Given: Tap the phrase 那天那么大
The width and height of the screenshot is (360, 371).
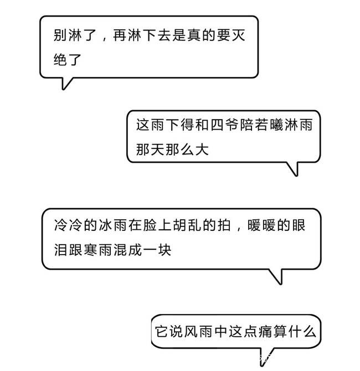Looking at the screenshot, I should (172, 149).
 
